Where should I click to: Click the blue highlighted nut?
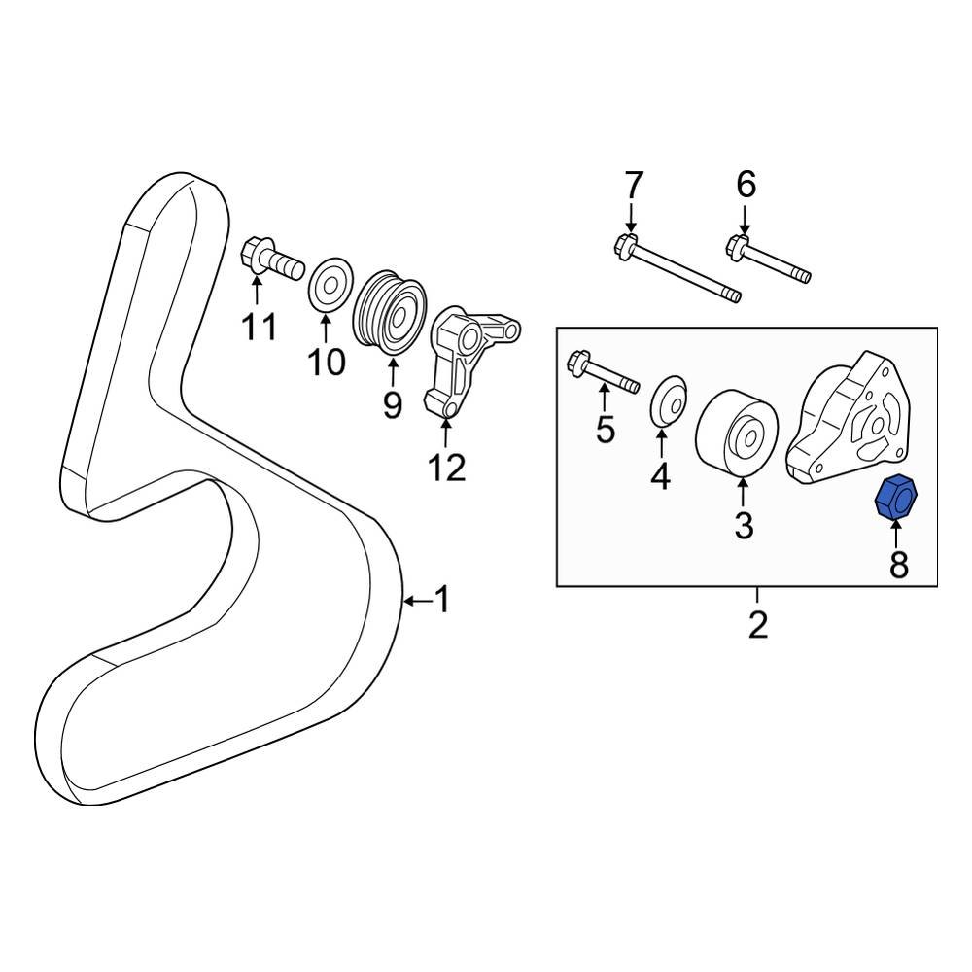point(897,499)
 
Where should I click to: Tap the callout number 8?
point(899,564)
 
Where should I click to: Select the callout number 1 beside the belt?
point(441,601)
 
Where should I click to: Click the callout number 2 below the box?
point(758,624)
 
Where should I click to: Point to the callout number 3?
point(744,525)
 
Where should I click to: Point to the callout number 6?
point(746,184)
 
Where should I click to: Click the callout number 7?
point(633,184)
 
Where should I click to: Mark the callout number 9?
point(392,404)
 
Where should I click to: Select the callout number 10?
point(327,362)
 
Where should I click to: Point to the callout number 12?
point(447,468)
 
